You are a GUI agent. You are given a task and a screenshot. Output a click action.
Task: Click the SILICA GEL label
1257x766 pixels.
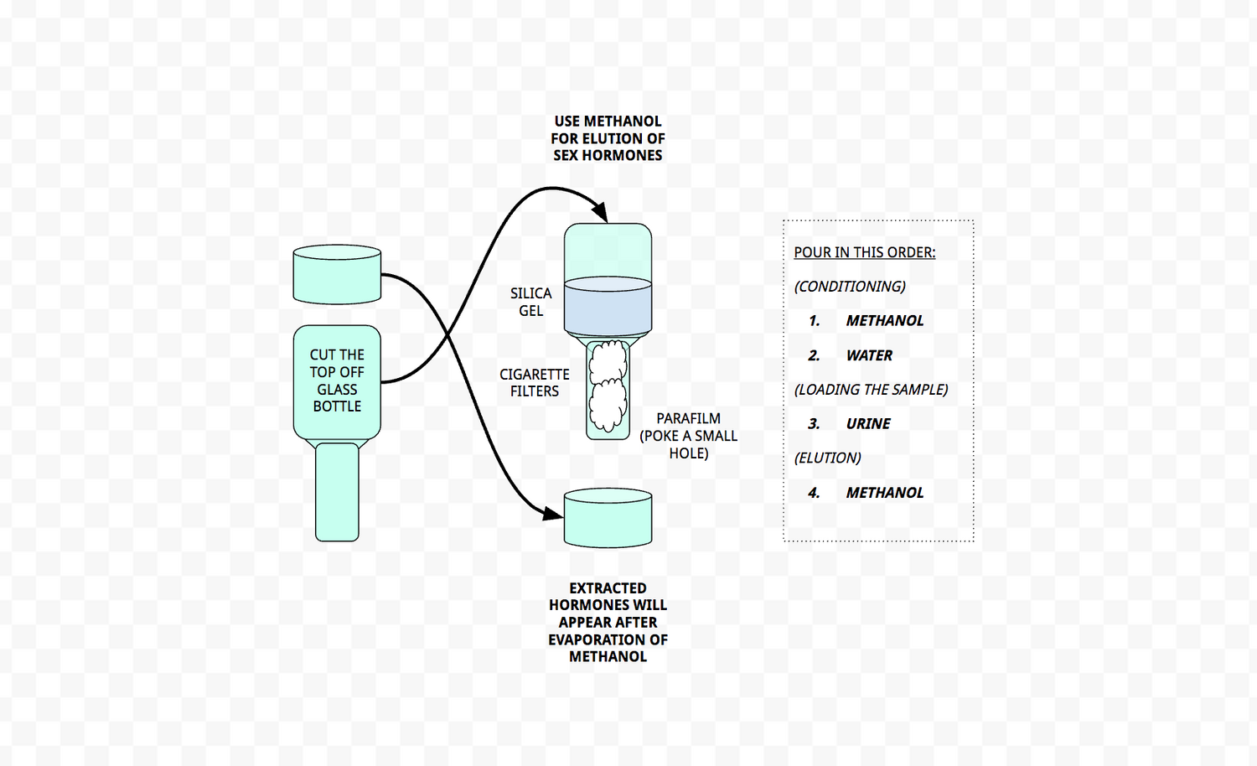tap(530, 302)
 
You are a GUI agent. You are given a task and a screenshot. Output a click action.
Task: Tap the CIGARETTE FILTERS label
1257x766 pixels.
tap(535, 383)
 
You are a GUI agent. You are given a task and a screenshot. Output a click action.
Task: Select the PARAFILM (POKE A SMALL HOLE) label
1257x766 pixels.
tap(688, 436)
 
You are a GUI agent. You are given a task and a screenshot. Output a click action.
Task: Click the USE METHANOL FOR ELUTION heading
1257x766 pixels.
tap(608, 138)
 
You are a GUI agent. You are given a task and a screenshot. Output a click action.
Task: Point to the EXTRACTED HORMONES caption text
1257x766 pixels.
tap(608, 622)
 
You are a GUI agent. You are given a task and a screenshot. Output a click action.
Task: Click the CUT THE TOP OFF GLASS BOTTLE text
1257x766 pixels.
tap(337, 380)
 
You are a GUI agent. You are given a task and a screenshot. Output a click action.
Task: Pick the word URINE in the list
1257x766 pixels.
tap(868, 424)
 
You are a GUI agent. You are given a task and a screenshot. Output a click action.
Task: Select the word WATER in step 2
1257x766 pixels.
tap(869, 355)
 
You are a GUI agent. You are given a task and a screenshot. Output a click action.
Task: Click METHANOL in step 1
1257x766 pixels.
tap(884, 321)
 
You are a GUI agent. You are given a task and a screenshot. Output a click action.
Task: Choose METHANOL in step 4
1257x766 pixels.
tap(884, 493)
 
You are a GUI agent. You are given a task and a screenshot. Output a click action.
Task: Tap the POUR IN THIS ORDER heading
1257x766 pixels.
tap(864, 252)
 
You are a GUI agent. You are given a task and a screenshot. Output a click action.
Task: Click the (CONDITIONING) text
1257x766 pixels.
tap(850, 287)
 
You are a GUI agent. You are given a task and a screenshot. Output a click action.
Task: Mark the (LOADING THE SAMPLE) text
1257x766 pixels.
tap(871, 390)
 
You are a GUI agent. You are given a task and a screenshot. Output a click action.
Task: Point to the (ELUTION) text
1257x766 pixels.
tap(827, 458)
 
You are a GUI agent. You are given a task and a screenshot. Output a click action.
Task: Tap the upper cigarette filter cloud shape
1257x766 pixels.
tap(608, 361)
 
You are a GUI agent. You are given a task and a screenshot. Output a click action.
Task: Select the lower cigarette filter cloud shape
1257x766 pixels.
tap(608, 405)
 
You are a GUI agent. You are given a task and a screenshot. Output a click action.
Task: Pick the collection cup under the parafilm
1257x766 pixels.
tap(608, 519)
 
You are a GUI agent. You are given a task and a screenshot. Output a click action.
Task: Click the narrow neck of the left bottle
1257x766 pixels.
tap(337, 493)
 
